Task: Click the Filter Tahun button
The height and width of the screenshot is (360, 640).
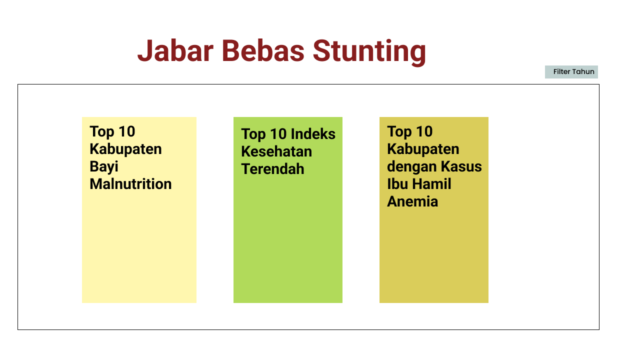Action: tap(571, 72)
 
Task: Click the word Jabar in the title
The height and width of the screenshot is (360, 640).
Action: tap(175, 51)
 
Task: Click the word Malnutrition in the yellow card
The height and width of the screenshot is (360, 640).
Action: tap(130, 184)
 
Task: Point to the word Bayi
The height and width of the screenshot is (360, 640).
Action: tap(104, 167)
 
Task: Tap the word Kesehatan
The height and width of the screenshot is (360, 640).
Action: tap(276, 151)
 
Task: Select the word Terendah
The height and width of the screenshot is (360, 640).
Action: tap(272, 169)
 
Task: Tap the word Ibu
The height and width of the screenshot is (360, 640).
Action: tap(394, 184)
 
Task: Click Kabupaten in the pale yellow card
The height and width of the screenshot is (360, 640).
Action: tap(125, 149)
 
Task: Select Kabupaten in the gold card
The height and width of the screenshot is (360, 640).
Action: tap(423, 149)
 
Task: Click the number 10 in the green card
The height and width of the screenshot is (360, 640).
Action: tap(278, 134)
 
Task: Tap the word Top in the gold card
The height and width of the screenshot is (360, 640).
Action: tap(399, 131)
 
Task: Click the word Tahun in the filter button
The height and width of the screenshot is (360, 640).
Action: tap(583, 72)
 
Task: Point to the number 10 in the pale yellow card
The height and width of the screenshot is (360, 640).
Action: tap(127, 131)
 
